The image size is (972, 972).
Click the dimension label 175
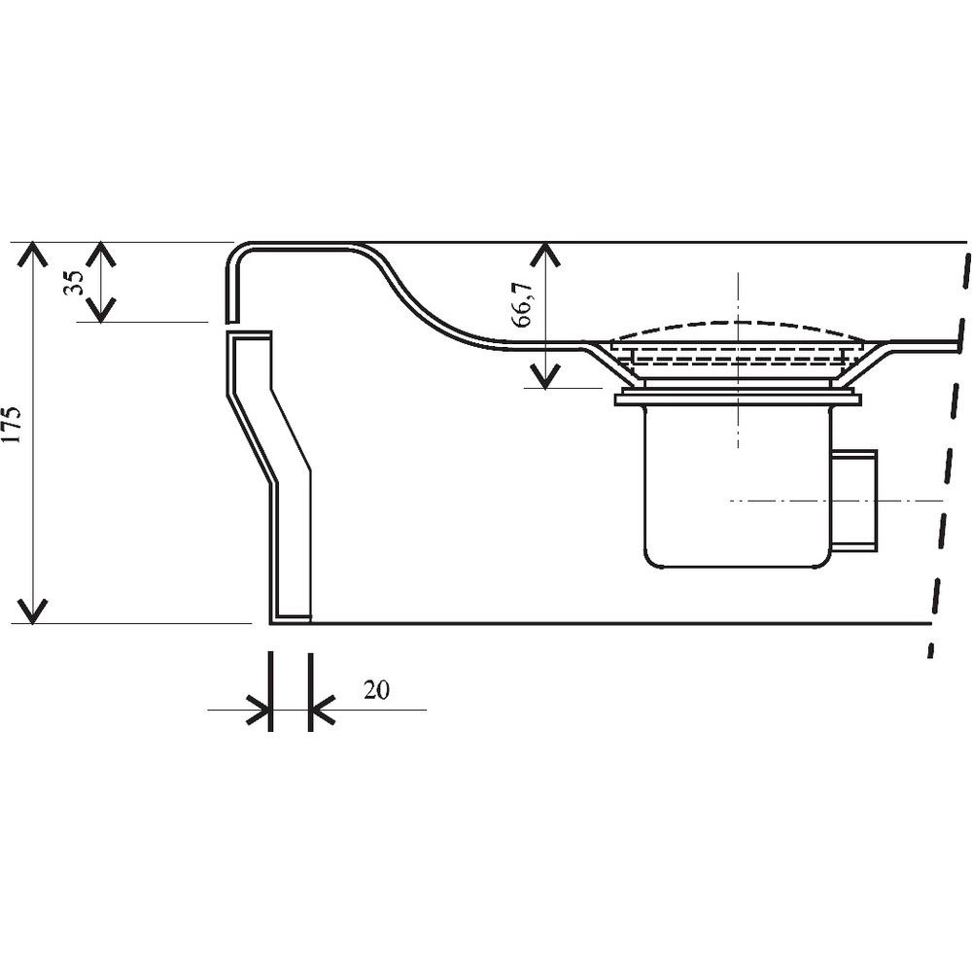click(x=14, y=425)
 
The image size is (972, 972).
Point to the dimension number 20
click(x=376, y=689)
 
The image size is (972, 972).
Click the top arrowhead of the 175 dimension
click(x=32, y=253)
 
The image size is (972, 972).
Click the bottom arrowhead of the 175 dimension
click(x=32, y=611)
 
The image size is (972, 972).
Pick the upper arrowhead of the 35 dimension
click(x=100, y=253)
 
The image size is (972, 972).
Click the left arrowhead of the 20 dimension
click(x=259, y=710)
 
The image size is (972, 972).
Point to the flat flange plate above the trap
click(x=738, y=399)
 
